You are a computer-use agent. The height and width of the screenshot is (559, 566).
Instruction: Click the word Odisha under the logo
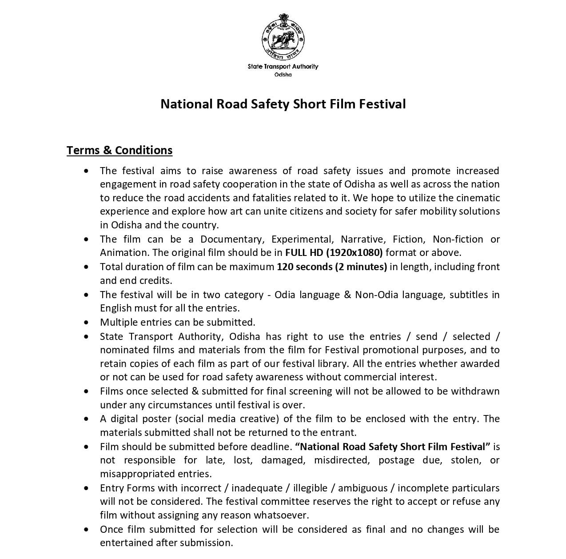pos(283,75)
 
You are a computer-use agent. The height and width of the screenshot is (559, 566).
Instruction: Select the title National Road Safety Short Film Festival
pos(283,104)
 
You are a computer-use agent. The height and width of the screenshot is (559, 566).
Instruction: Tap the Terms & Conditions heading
pos(120,150)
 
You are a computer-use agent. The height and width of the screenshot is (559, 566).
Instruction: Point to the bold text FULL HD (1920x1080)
pos(334,253)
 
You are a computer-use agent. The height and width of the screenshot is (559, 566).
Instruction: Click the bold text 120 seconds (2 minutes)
pos(332,267)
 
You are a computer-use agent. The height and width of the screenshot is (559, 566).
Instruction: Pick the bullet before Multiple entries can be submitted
pos(86,322)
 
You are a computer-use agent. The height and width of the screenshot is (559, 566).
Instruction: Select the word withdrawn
pos(475,391)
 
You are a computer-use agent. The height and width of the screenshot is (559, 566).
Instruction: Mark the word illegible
pos(310,488)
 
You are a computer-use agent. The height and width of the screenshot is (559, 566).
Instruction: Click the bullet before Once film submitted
pos(86,529)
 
